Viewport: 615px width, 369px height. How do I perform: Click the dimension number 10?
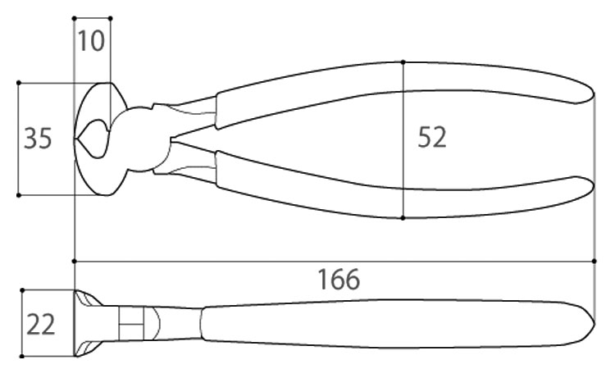click(93, 40)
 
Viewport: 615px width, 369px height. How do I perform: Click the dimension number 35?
click(38, 139)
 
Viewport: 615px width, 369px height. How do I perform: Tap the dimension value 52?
click(432, 138)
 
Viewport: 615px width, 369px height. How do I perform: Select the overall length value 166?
click(339, 280)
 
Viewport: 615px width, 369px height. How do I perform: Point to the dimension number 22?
click(39, 325)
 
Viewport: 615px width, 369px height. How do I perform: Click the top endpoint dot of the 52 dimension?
click(403, 61)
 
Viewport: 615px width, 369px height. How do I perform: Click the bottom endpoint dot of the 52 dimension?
click(403, 218)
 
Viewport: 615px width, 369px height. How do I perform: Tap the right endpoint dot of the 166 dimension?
click(594, 261)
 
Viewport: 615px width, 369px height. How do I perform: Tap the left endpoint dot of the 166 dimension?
click(75, 261)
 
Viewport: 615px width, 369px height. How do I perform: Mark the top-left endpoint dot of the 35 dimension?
click(19, 83)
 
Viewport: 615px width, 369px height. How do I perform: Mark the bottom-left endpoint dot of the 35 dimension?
click(19, 195)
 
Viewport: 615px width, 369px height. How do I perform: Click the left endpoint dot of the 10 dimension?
click(75, 17)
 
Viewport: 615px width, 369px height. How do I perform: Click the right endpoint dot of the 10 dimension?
click(110, 17)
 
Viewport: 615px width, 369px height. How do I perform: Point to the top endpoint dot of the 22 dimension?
click(22, 290)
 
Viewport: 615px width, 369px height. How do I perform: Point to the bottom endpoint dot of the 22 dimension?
click(22, 357)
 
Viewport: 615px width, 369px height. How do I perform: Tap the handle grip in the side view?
click(394, 324)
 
